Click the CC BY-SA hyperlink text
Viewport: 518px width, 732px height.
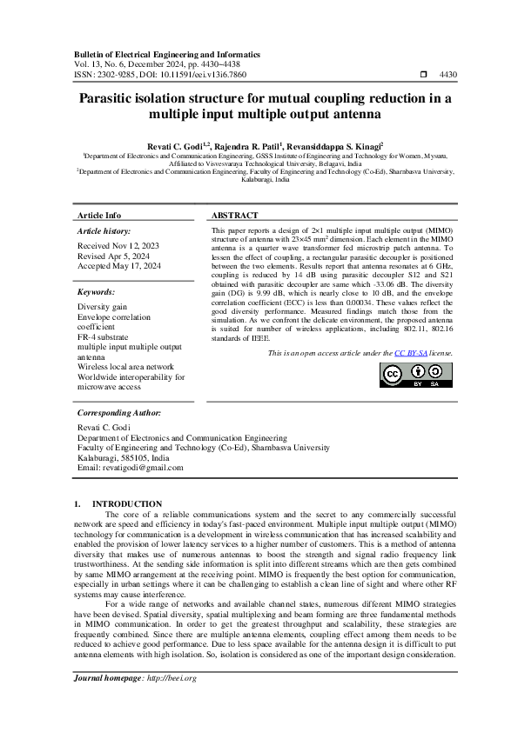point(431,378)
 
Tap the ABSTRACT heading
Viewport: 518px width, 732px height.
point(235,216)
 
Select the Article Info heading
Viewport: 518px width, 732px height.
point(99,216)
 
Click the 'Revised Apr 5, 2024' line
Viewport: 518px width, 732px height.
point(109,256)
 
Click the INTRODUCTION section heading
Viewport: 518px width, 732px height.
point(127,503)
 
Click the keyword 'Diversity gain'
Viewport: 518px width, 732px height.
point(102,307)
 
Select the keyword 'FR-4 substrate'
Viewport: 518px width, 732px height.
point(104,336)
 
